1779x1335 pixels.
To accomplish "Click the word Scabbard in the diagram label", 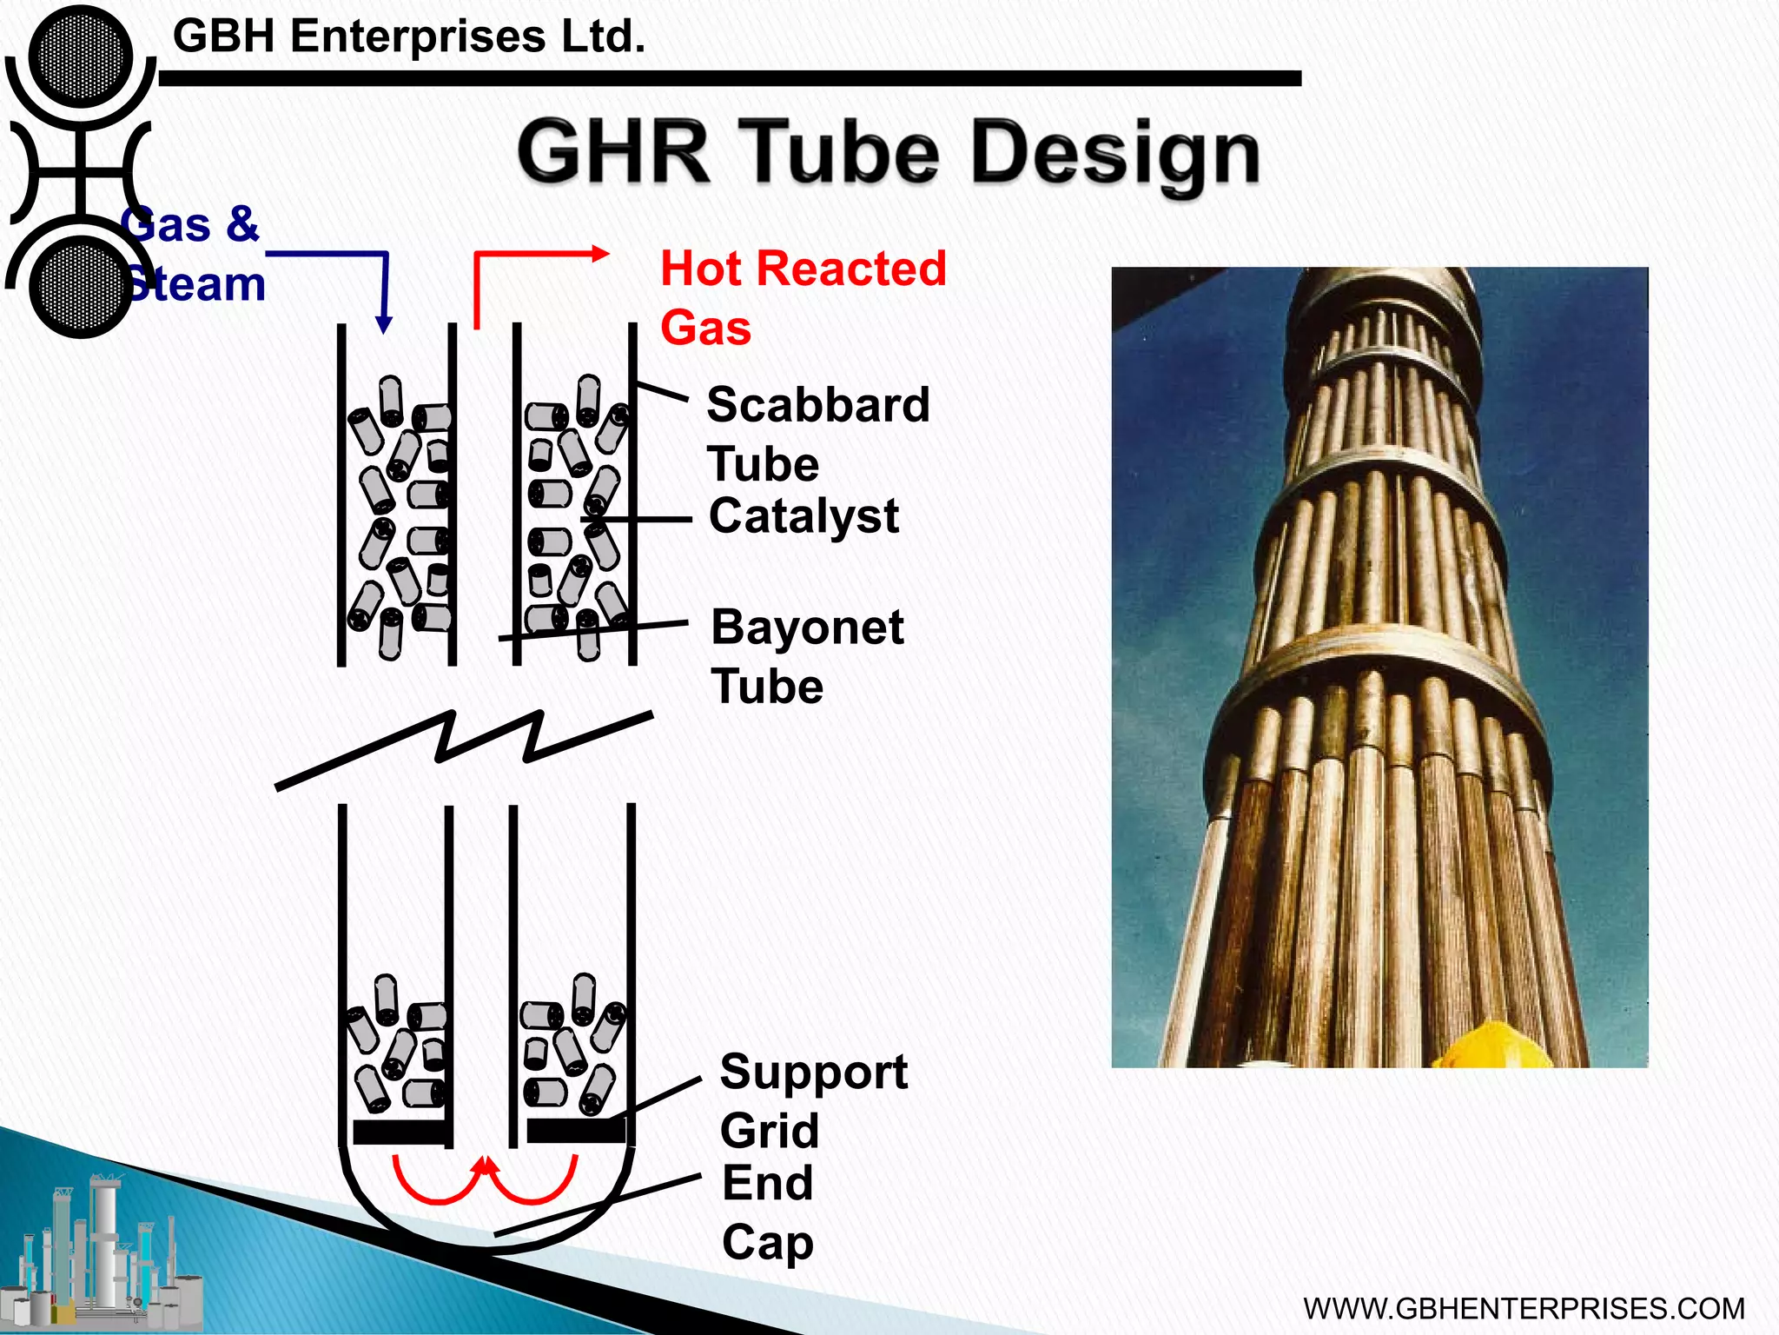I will click(817, 406).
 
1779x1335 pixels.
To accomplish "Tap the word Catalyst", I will click(804, 516).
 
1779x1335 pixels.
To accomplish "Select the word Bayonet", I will click(807, 628).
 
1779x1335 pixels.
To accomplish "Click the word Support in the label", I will click(813, 1072).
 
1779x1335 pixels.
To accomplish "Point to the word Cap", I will click(767, 1243).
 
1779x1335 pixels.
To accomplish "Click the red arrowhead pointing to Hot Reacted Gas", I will click(600, 254).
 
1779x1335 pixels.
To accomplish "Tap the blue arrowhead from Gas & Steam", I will click(383, 325).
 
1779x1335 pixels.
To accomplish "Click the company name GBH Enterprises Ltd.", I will click(408, 37).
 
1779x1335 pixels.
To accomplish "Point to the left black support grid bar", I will click(400, 1132).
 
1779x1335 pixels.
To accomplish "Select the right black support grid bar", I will click(575, 1131).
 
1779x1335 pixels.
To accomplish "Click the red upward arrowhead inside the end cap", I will click(486, 1166).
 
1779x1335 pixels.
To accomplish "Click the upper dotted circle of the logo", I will click(80, 56).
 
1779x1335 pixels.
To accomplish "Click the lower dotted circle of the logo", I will click(80, 286).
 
